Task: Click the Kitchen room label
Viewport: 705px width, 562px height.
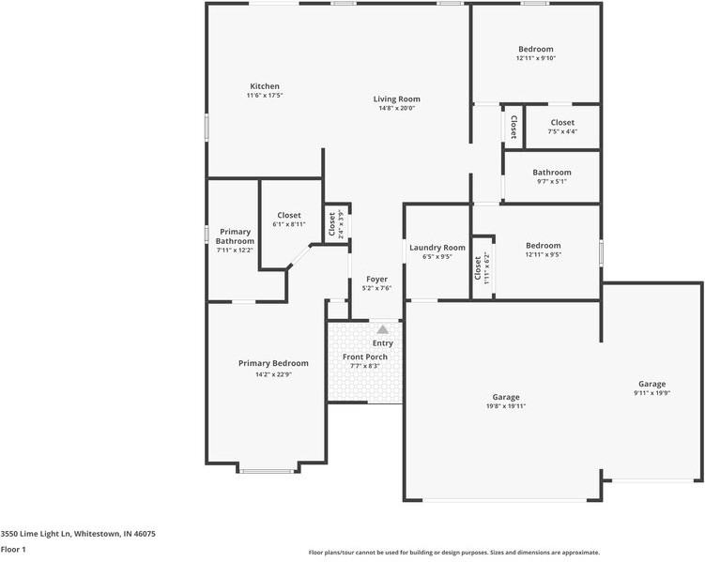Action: (264, 86)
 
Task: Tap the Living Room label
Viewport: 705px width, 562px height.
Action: (396, 99)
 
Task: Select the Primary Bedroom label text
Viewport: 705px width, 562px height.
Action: (273, 363)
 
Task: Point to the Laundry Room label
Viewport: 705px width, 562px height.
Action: (437, 248)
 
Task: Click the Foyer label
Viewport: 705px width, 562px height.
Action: (376, 279)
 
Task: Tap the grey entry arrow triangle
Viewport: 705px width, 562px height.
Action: (382, 329)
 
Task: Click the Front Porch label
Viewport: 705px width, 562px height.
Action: (364, 357)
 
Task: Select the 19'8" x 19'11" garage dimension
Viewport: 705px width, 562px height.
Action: (505, 406)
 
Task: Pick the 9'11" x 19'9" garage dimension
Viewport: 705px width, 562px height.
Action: (651, 394)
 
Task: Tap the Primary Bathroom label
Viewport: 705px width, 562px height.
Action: (235, 235)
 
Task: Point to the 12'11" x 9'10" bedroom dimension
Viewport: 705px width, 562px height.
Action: (535, 58)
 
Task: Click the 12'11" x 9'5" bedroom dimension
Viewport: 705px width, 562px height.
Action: (543, 254)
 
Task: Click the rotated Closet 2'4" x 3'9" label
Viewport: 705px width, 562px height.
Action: (331, 225)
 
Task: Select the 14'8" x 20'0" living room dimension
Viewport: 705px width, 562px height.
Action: (396, 108)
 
